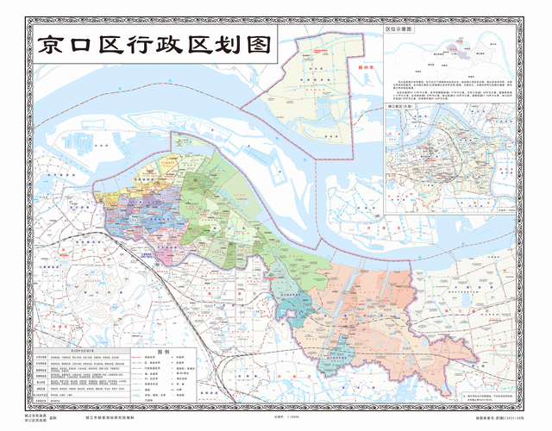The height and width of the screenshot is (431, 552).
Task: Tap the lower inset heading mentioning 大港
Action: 403,106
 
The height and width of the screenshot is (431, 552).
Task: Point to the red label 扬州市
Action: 348,64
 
